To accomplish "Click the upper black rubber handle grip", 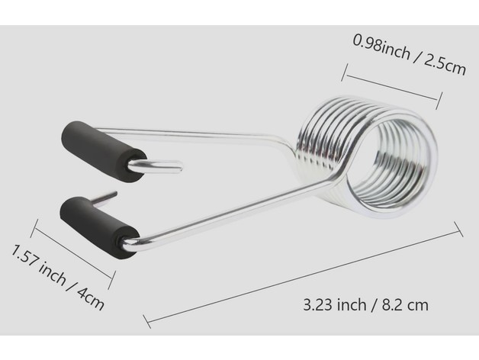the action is (103, 151).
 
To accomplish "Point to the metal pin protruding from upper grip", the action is (156, 167).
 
